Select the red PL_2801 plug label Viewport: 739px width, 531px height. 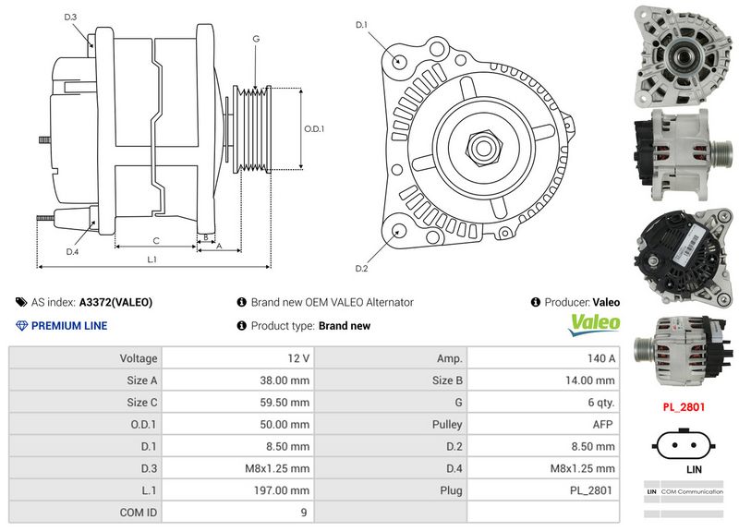[x=683, y=405]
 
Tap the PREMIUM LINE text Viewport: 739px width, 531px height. [x=69, y=325]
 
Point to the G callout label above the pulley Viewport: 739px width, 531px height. [x=255, y=39]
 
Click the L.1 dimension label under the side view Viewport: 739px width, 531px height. [x=152, y=260]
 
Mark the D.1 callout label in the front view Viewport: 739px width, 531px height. [x=361, y=25]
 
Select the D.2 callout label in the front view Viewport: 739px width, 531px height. [x=361, y=269]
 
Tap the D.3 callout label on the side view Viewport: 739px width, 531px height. [x=71, y=18]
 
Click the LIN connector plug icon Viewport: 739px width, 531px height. [x=683, y=444]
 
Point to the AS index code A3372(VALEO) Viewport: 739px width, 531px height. [x=116, y=302]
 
